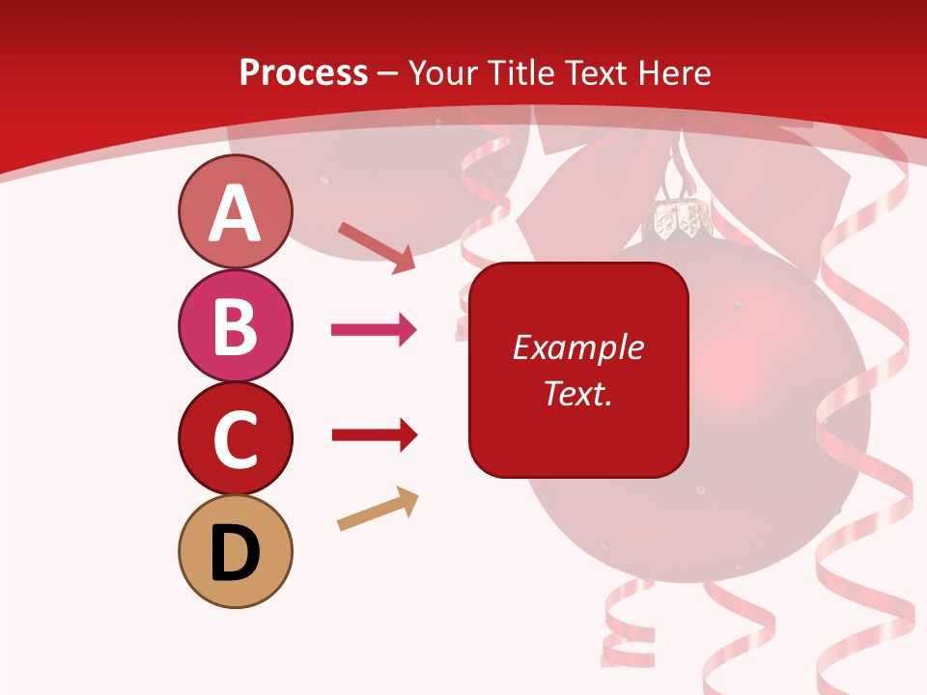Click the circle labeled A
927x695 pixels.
click(235, 211)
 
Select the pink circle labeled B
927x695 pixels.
click(235, 325)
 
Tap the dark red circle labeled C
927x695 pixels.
click(235, 438)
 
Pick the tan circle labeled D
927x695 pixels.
click(235, 551)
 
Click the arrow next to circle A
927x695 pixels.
click(377, 246)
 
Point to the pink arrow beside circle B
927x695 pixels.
click(374, 330)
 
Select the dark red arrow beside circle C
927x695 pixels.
click(374, 435)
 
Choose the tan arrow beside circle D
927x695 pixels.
click(378, 510)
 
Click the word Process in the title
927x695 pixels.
click(303, 73)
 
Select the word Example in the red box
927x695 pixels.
click(578, 347)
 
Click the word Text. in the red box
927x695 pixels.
click(578, 393)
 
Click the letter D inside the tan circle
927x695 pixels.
click(235, 553)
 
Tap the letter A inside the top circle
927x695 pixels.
click(235, 213)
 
